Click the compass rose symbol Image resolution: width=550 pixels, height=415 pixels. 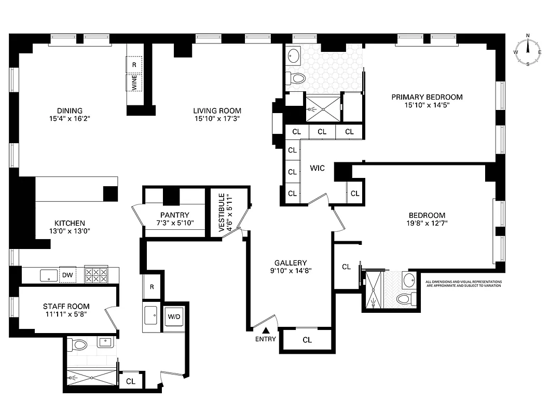pyautogui.click(x=528, y=51)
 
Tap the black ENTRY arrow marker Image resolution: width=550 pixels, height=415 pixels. pyautogui.click(x=266, y=330)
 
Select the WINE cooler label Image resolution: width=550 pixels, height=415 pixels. pyautogui.click(x=134, y=83)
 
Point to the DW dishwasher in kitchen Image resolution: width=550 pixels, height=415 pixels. pyautogui.click(x=67, y=275)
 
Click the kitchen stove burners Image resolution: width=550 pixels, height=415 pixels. pyautogui.click(x=96, y=275)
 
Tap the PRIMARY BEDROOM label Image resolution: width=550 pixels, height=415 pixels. pyautogui.click(x=427, y=97)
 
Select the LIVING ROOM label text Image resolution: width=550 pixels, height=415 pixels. pyautogui.click(x=217, y=110)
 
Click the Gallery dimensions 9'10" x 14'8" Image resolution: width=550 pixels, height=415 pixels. pyautogui.click(x=291, y=270)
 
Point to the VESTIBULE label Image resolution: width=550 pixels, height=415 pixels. pyautogui.click(x=222, y=212)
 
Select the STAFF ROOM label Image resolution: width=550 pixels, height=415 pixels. pyautogui.click(x=66, y=306)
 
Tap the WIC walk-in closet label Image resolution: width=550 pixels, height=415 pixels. pyautogui.click(x=317, y=168)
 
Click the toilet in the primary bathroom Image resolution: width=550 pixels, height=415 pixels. pyautogui.click(x=297, y=79)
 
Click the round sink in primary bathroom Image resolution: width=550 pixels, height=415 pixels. pyautogui.click(x=294, y=56)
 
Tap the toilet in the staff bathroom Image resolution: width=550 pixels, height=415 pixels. pyautogui.click(x=79, y=344)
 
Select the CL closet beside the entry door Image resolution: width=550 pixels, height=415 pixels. pyautogui.click(x=307, y=340)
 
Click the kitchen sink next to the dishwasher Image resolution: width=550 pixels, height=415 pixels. pyautogui.click(x=48, y=275)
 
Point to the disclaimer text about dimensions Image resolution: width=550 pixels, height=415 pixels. pyautogui.click(x=463, y=284)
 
